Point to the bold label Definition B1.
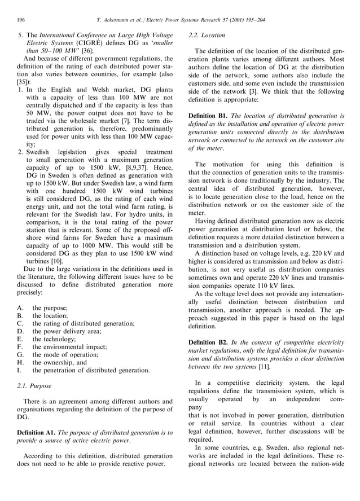[209, 115]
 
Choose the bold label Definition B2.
[209, 342]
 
